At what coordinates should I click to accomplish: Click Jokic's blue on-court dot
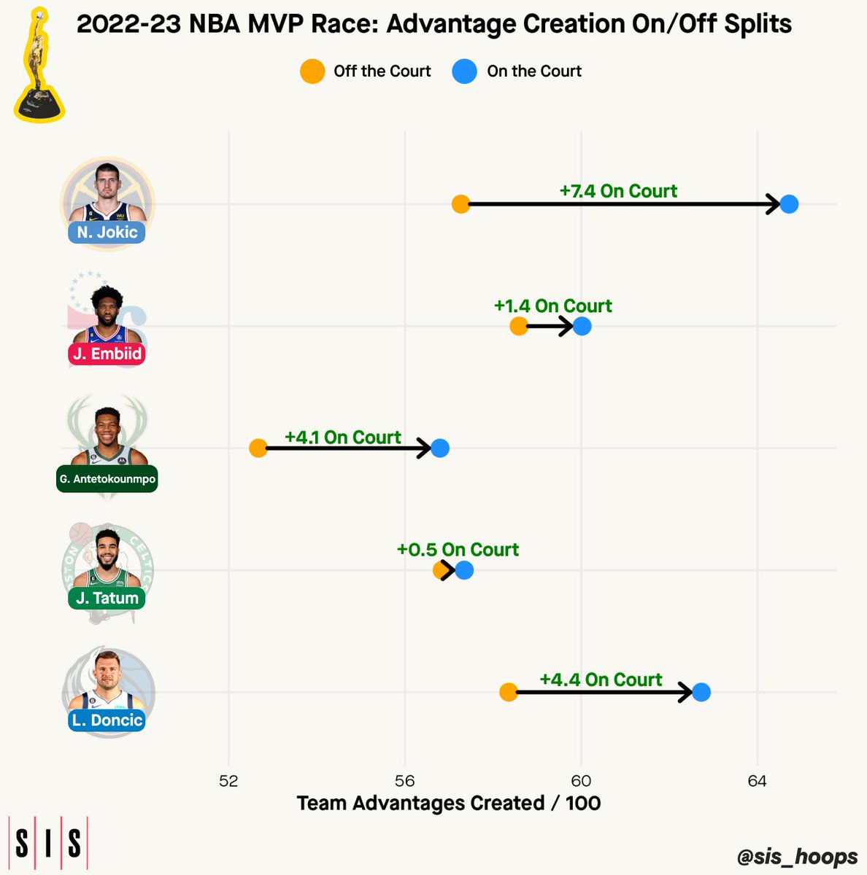coord(789,204)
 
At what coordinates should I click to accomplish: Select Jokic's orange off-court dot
coord(461,204)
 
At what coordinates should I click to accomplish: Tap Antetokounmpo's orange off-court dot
coord(258,448)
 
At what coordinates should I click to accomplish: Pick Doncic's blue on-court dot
coord(701,693)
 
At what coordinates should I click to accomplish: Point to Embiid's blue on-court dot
coord(582,326)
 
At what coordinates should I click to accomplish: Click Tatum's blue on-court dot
coord(464,570)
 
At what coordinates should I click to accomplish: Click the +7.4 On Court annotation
coord(618,191)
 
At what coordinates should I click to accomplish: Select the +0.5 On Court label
coord(458,550)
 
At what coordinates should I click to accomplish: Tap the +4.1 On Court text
coord(343,437)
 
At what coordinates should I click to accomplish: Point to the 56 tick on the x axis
coord(404,780)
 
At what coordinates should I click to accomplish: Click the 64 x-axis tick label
coord(757,780)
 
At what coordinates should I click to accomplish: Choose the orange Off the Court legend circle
coord(312,71)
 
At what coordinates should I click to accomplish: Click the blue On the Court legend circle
coord(464,71)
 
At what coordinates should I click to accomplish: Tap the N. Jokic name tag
coord(107,233)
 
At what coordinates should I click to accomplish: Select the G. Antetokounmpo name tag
coord(107,478)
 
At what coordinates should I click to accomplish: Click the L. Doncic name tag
coord(107,720)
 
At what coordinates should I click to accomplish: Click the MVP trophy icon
coord(39,66)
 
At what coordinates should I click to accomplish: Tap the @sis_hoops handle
coord(797,856)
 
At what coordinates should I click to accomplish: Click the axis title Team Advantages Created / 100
coord(449,804)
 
